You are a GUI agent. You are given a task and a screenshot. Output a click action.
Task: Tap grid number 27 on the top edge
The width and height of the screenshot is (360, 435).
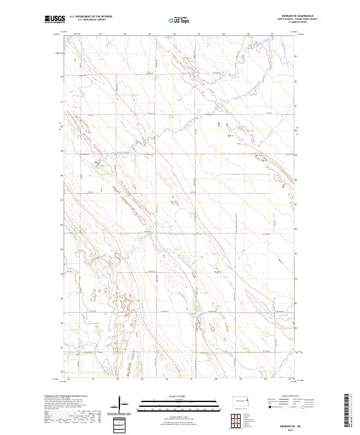pyautogui.click(x=199, y=35)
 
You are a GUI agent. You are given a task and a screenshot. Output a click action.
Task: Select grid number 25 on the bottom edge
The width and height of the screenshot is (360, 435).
pyautogui.click(x=142, y=379)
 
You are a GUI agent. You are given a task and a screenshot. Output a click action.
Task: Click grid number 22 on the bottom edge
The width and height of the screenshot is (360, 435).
pyautogui.click(x=68, y=379)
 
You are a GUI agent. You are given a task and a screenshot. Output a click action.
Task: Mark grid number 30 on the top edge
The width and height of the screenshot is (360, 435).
pyautogui.click(x=272, y=35)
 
